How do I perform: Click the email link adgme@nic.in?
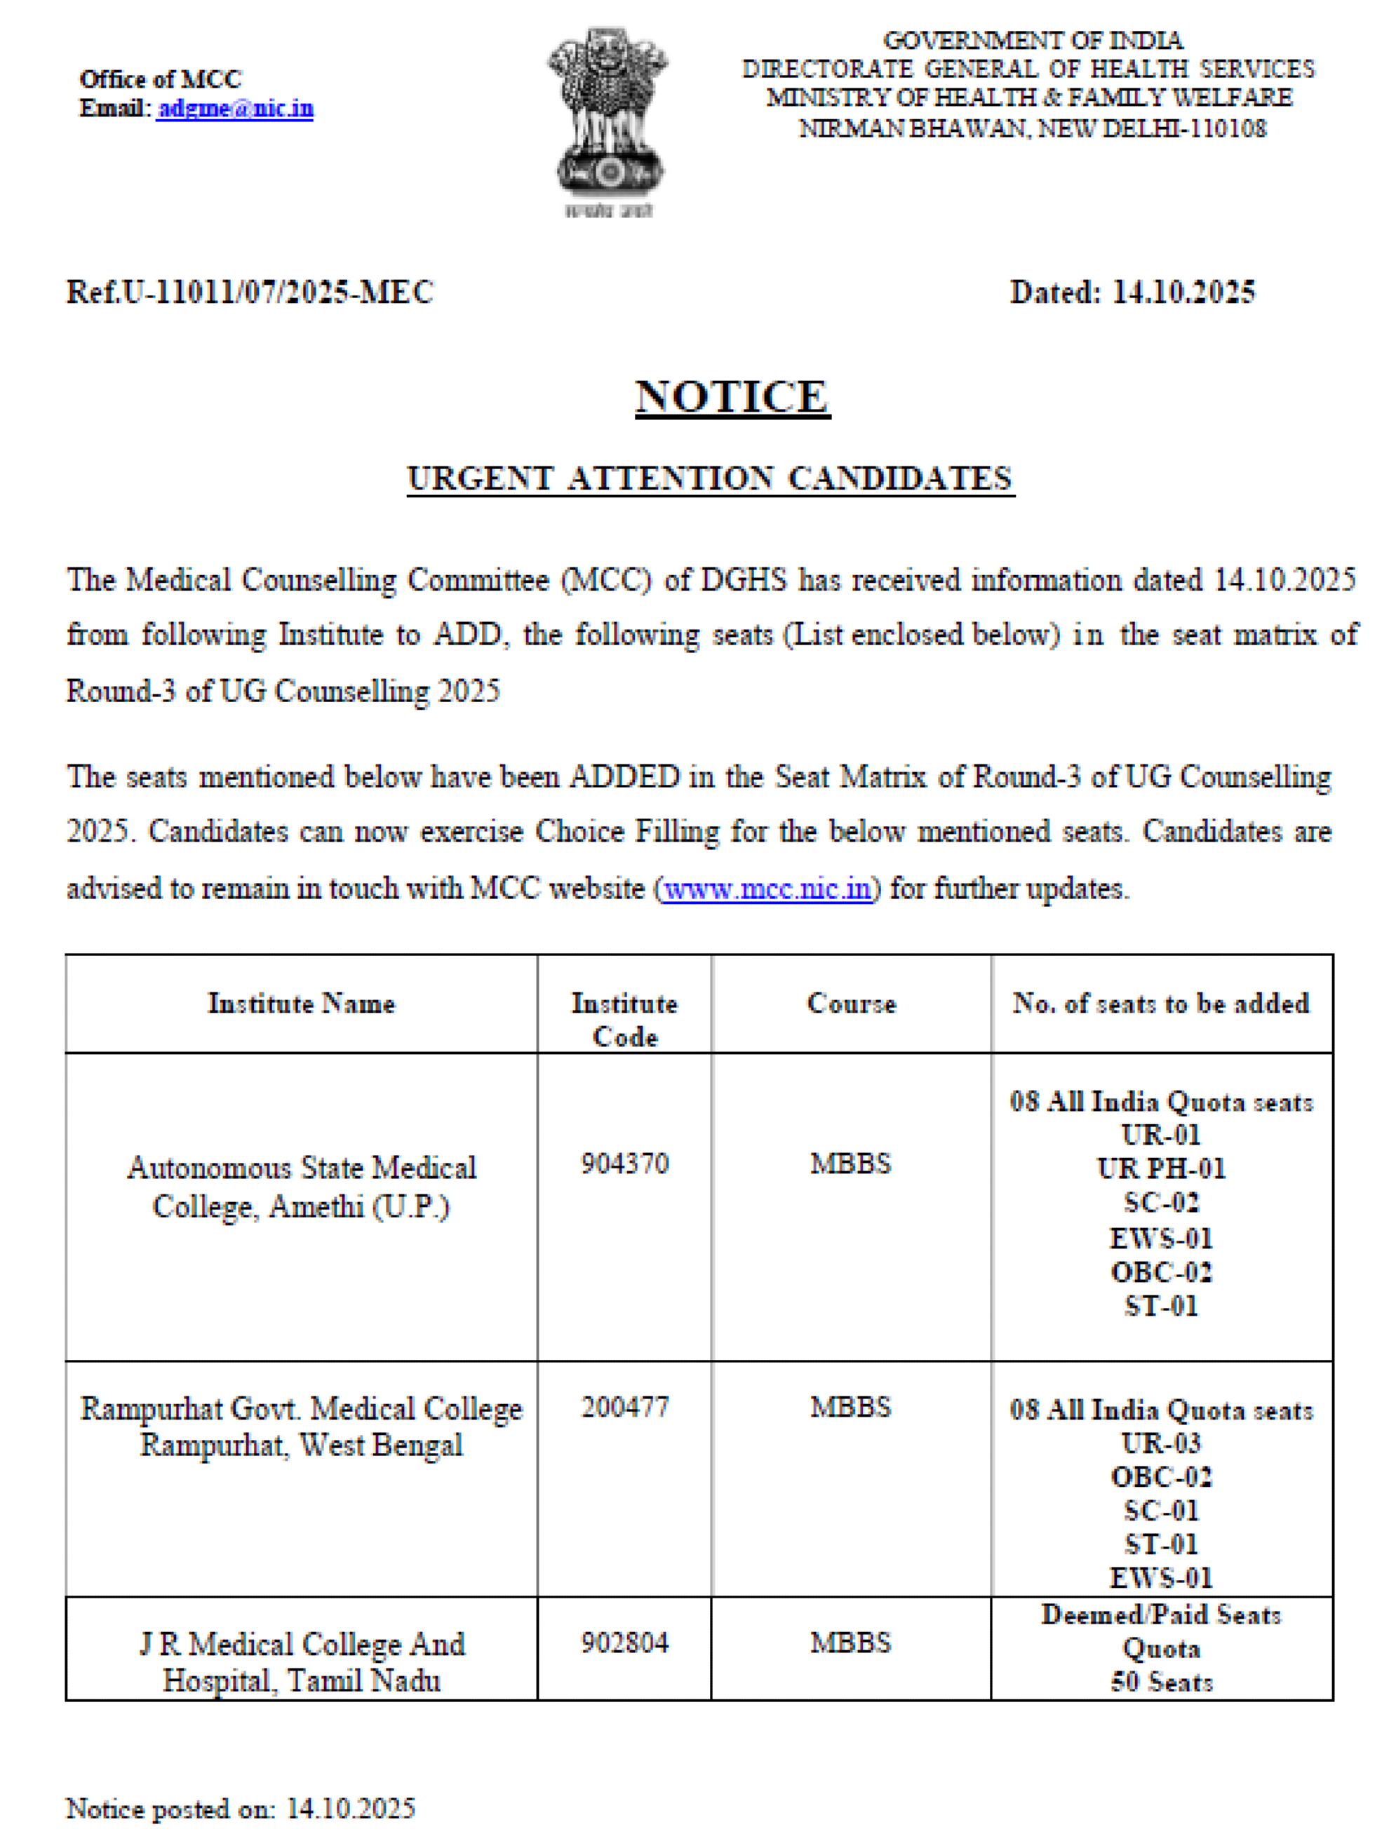[x=235, y=109]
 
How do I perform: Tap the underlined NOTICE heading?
[x=732, y=396]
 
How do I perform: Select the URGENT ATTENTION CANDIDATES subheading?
[x=710, y=478]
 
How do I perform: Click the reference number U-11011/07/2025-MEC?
[x=249, y=292]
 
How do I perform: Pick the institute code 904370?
[x=624, y=1164]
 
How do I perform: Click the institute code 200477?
[x=624, y=1407]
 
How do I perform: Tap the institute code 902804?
[x=624, y=1643]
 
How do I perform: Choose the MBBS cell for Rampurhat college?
[x=851, y=1407]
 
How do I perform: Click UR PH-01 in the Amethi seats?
[x=1161, y=1168]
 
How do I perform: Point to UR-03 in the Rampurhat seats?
[x=1161, y=1443]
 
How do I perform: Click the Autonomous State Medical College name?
[x=301, y=1187]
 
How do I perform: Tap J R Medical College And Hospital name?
[x=301, y=1661]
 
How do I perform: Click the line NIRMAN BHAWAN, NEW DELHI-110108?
[x=1033, y=128]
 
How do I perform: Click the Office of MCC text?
[x=160, y=79]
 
